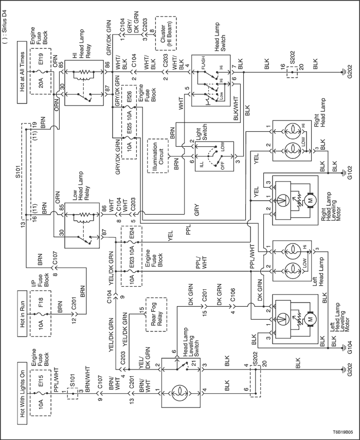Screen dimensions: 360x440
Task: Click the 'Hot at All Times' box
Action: point(22,72)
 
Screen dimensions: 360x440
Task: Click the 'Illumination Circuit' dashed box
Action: point(158,155)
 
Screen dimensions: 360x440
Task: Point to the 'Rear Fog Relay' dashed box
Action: point(156,314)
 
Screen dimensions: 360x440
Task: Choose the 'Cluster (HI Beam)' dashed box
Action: point(166,33)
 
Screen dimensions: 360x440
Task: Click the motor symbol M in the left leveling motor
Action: point(311,319)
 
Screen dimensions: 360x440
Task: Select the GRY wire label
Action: point(196,210)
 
